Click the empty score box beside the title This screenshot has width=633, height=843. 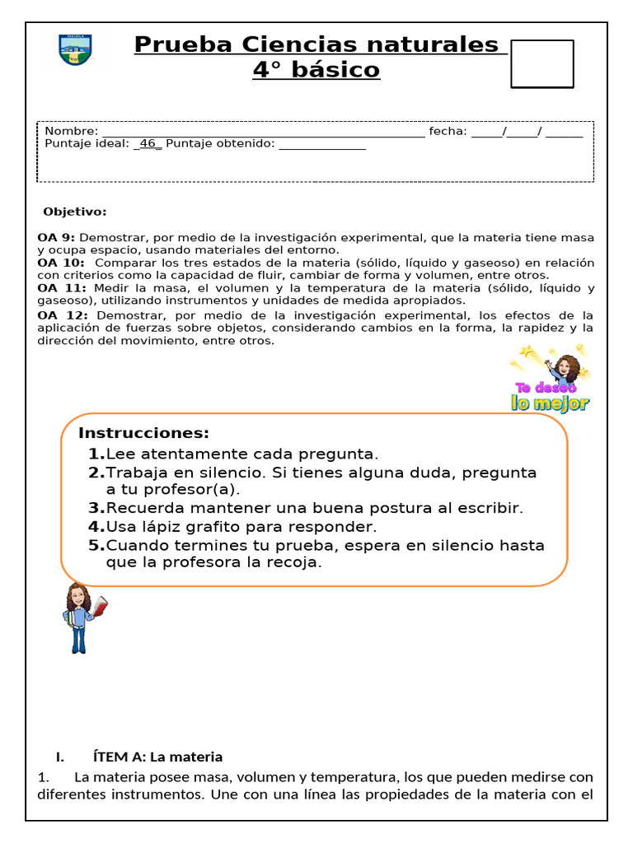tap(542, 63)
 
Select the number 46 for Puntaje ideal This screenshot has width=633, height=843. tap(148, 144)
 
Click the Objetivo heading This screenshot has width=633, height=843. tap(75, 212)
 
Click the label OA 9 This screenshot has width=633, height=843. tap(56, 238)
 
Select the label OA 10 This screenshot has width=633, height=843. tap(60, 263)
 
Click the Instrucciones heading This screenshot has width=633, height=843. tap(143, 434)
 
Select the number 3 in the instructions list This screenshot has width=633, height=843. tap(96, 509)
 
